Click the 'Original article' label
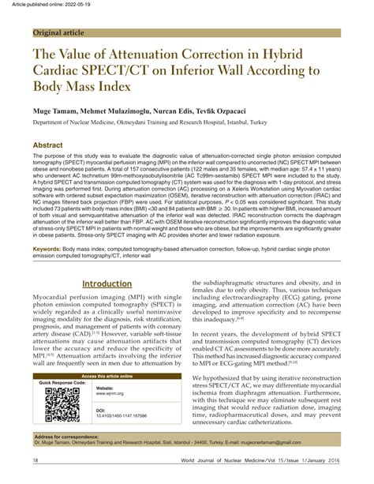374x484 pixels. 60,33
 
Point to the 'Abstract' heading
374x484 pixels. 50,147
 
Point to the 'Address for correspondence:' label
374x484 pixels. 69,437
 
